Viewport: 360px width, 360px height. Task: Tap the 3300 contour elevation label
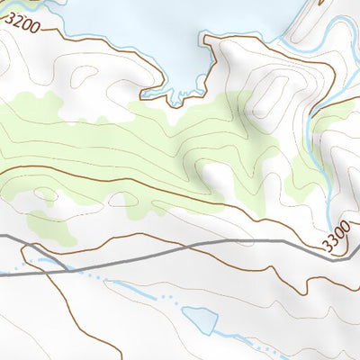[334, 239]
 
